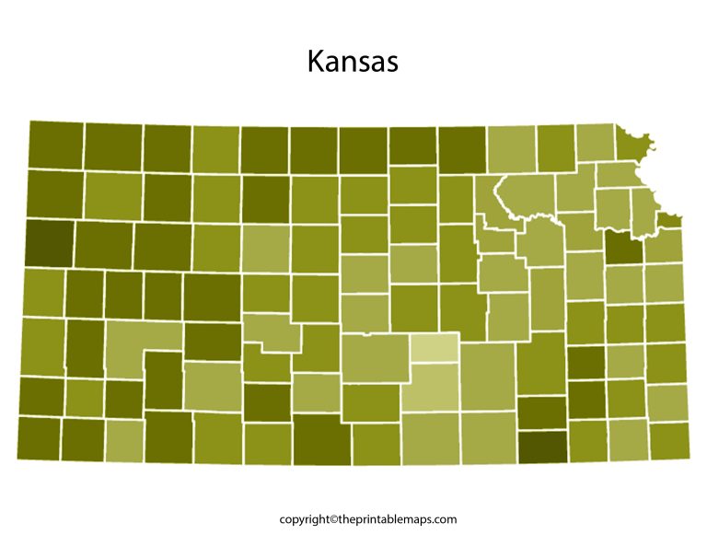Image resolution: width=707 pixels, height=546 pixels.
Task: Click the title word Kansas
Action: (x=353, y=62)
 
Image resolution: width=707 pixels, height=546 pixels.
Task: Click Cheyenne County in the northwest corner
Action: (x=55, y=145)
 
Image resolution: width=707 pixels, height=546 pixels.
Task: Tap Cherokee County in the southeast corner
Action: (x=668, y=440)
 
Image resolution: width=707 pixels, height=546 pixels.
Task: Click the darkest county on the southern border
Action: (x=542, y=446)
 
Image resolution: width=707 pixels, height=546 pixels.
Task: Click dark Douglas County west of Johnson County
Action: (x=624, y=247)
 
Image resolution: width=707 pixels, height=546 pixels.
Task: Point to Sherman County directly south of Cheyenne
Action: (x=55, y=192)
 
